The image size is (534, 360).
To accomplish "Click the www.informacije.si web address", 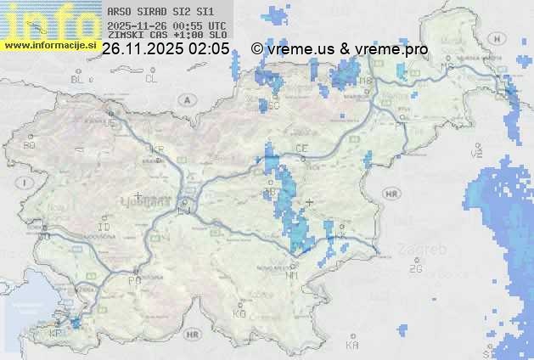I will click(x=50, y=45).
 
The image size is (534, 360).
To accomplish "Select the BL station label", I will click(x=79, y=79).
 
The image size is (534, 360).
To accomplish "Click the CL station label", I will click(x=151, y=79).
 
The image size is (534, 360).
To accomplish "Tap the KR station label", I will click(x=156, y=149).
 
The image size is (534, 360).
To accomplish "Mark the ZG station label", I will click(x=415, y=269).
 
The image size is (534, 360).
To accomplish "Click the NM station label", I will click(x=293, y=276).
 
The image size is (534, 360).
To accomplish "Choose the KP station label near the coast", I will click(x=56, y=334).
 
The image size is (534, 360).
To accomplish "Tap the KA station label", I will click(x=352, y=345).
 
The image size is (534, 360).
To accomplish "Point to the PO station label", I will click(x=133, y=280).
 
